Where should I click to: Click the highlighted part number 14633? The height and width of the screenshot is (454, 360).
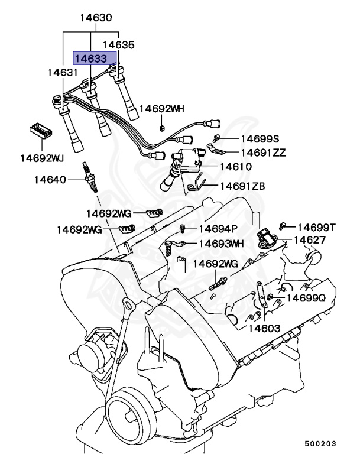coord(91,59)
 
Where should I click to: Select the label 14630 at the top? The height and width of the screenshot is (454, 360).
coord(96,18)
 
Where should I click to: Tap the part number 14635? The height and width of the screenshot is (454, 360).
coord(118,45)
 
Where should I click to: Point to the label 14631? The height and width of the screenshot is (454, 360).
coord(63,72)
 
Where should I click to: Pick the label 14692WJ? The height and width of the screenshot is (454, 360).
coord(42,158)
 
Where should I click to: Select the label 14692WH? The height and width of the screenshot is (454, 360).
coord(162,109)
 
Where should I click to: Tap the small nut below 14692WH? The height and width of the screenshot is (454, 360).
coord(162,128)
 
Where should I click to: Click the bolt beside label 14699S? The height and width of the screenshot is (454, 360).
coord(216,138)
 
